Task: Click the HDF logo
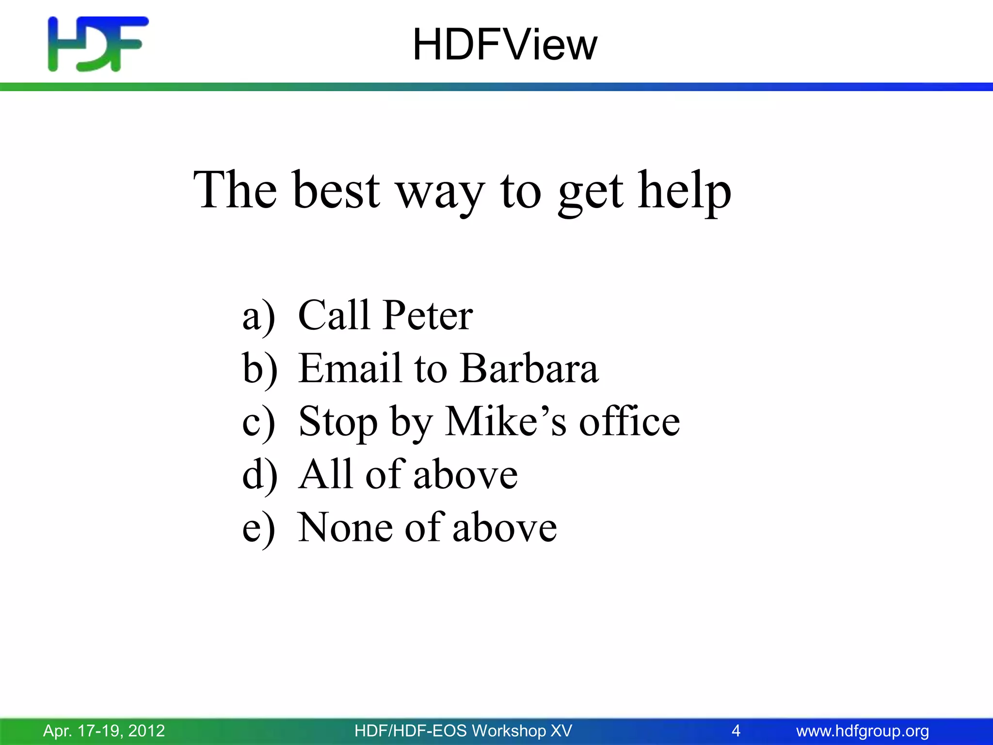click(x=97, y=44)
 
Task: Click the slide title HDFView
click(x=504, y=45)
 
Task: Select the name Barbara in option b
click(x=529, y=368)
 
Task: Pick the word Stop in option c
click(x=337, y=422)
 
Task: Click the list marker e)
click(x=258, y=529)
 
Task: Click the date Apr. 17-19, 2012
click(x=104, y=730)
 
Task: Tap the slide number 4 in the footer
click(x=736, y=730)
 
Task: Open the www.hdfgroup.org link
click(x=863, y=730)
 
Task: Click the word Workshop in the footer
click(x=509, y=730)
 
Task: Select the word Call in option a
click(x=334, y=315)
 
